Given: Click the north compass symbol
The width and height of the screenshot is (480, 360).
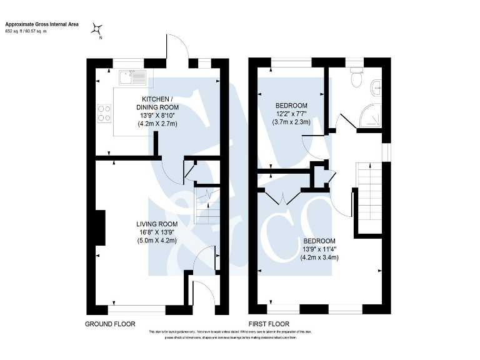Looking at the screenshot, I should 98,27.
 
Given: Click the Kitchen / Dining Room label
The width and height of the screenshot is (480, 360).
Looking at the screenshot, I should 157,103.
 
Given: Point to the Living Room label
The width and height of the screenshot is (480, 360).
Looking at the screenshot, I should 157,224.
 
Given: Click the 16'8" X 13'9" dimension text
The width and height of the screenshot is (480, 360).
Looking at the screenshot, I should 157,232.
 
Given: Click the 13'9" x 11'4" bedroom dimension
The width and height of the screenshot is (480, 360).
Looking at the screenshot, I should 319,249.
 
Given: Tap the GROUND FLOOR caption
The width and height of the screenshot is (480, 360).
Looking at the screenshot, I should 111,324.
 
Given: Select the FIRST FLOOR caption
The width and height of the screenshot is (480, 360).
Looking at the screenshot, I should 269,324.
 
